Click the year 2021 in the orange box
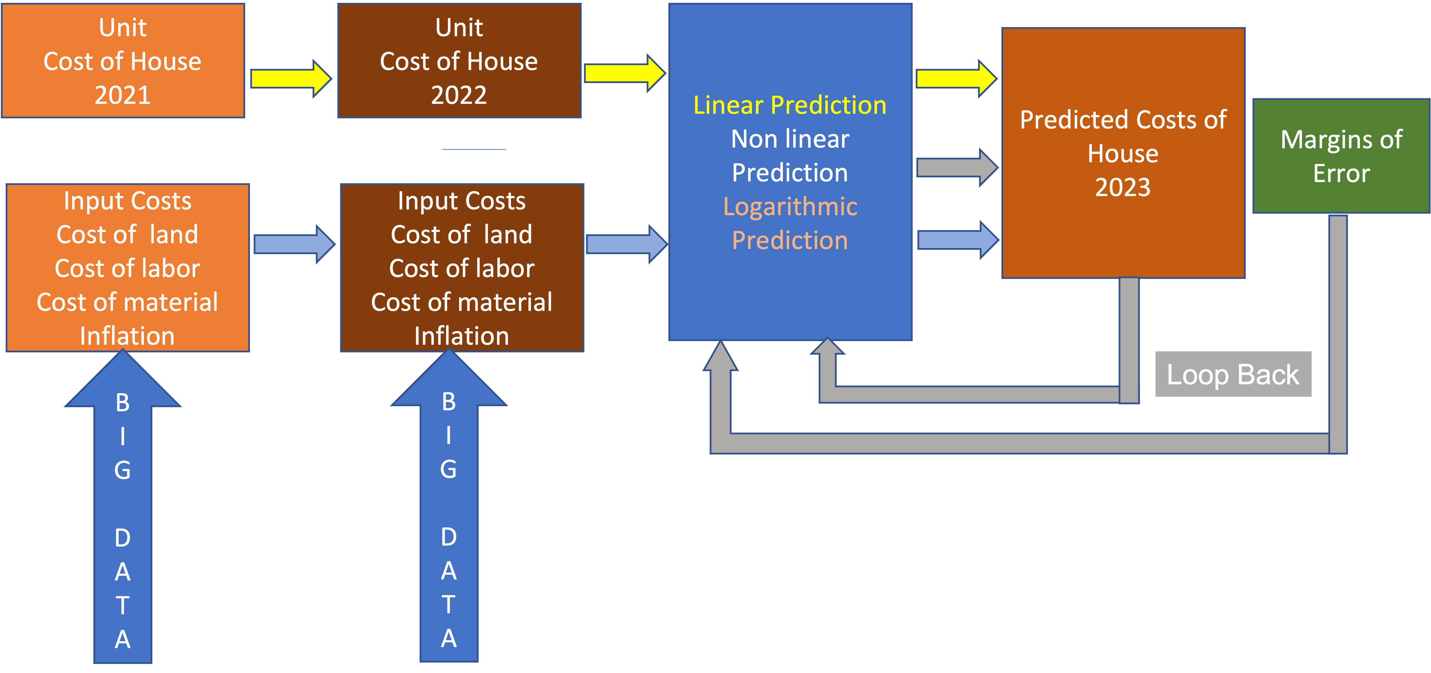[122, 95]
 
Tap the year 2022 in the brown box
[459, 95]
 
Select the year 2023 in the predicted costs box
[1123, 187]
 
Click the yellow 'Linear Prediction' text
[790, 105]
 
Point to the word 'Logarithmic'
[790, 207]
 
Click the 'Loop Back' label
[1233, 374]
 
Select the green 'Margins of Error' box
[1341, 156]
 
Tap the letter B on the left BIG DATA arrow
[123, 403]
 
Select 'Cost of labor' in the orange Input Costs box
[127, 269]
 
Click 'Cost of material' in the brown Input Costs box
[462, 302]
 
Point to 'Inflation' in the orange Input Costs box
[127, 336]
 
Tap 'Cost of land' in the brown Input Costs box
[462, 234]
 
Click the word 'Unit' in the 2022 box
[459, 28]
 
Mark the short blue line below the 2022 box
[474, 149]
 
